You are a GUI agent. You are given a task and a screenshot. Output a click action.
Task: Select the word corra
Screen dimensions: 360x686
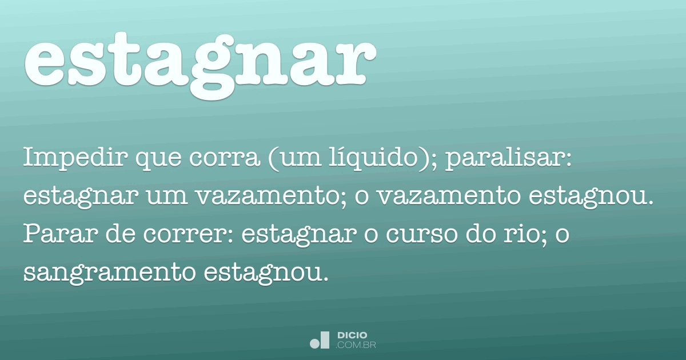pos(225,158)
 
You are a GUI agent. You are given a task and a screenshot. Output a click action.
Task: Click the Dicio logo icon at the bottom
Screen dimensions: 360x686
pos(320,340)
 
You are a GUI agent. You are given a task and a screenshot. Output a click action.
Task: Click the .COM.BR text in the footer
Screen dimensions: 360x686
pos(356,345)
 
